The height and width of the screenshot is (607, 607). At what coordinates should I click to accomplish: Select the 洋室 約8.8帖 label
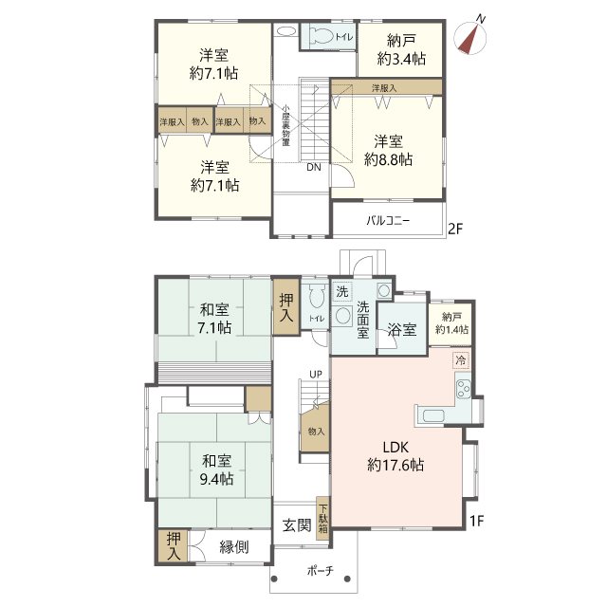click(x=388, y=150)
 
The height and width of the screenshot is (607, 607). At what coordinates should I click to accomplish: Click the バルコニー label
click(x=388, y=221)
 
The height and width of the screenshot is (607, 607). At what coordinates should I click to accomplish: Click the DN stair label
click(x=313, y=167)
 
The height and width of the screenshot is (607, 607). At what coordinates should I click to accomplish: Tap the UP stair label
click(x=313, y=373)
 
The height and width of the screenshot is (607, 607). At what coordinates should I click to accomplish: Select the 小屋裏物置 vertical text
click(x=285, y=125)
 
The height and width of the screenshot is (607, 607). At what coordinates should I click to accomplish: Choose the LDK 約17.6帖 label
click(x=397, y=456)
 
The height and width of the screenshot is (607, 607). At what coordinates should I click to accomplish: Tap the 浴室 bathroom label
click(x=401, y=330)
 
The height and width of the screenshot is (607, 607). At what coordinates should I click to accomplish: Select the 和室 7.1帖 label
click(x=214, y=319)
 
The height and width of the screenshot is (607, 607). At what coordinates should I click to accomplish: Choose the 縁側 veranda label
click(x=235, y=546)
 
